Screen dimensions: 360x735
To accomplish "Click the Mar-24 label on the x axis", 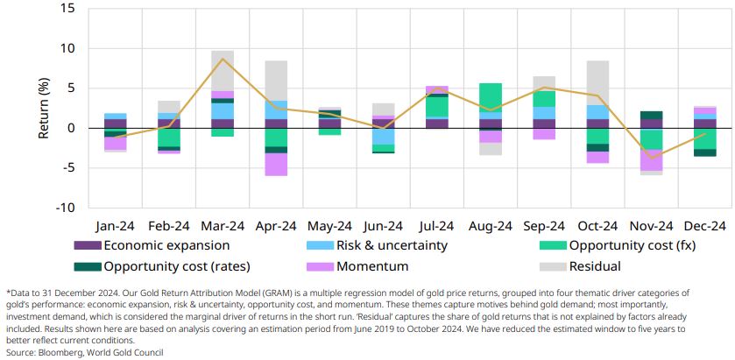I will tap(223, 224).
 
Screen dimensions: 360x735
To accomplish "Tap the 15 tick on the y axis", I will tap(69, 9).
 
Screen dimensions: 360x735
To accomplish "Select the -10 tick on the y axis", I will tap(66, 208).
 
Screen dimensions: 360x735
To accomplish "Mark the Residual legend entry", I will tap(596, 265).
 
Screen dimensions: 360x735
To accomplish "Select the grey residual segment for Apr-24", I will tap(277, 81).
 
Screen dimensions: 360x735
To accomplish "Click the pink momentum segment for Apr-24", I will tap(277, 165).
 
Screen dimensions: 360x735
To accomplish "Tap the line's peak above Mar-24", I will tap(223, 59).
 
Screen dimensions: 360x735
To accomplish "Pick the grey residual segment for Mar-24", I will tap(223, 70).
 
